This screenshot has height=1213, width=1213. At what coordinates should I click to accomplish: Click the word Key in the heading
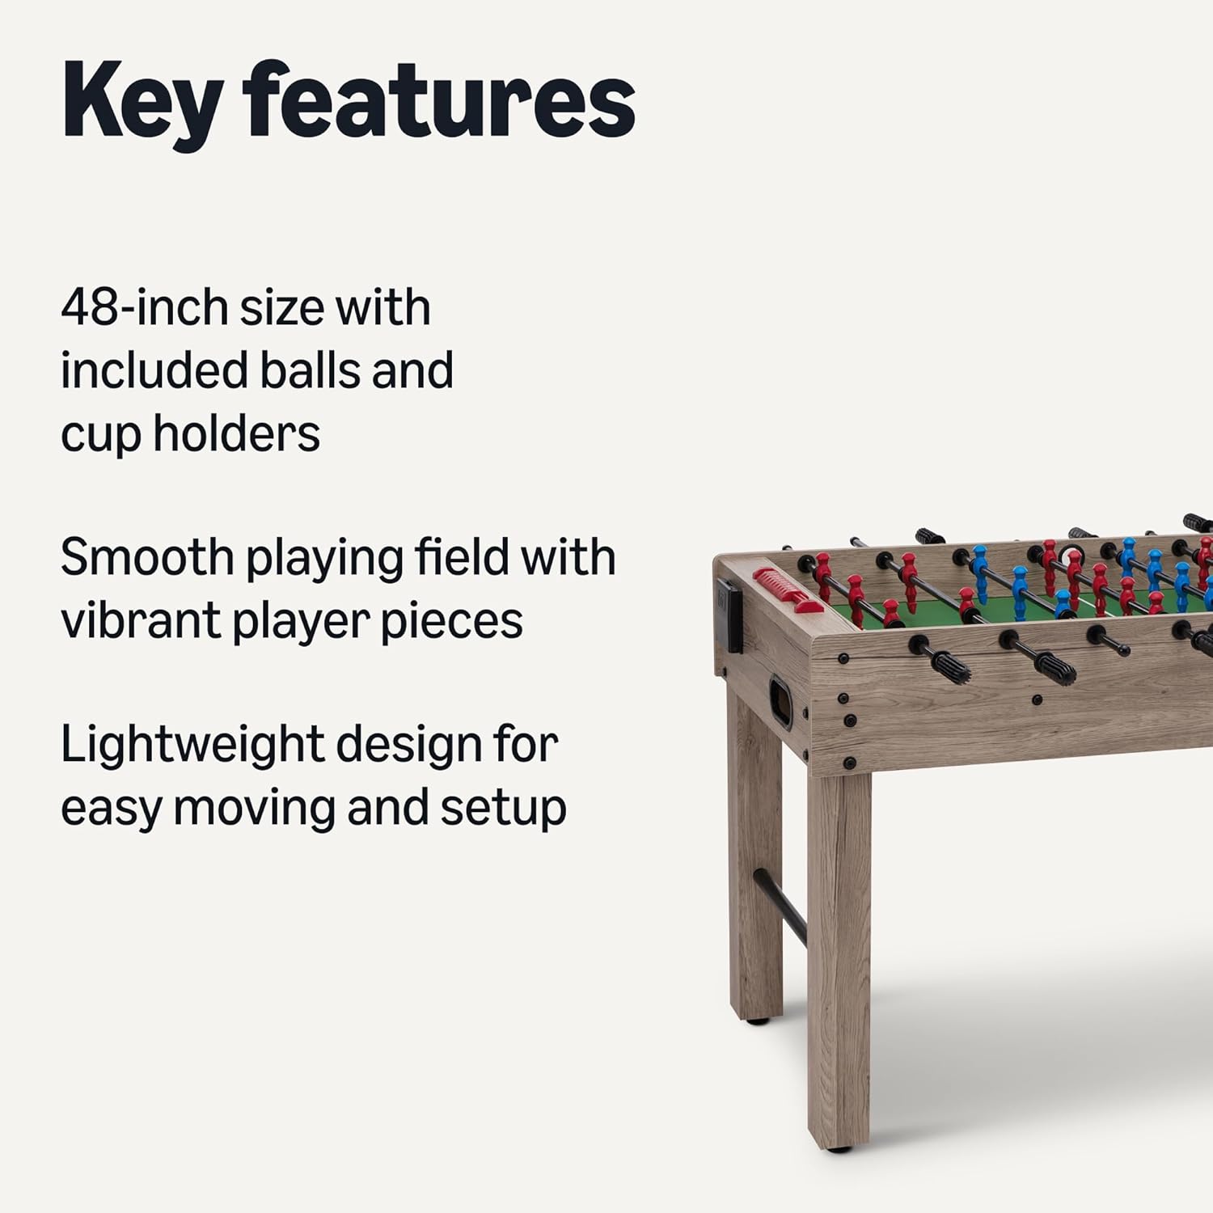[142, 104]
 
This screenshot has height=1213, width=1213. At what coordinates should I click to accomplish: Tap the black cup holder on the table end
[729, 615]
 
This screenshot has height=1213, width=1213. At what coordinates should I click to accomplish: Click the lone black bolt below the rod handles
[1037, 699]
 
